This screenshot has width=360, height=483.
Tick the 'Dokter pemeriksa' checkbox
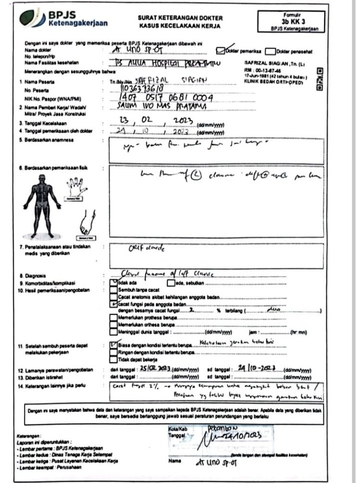221,49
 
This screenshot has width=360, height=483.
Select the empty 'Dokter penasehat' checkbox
270,50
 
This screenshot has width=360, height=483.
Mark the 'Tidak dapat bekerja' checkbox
113,359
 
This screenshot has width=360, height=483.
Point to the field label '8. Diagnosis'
33,276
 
